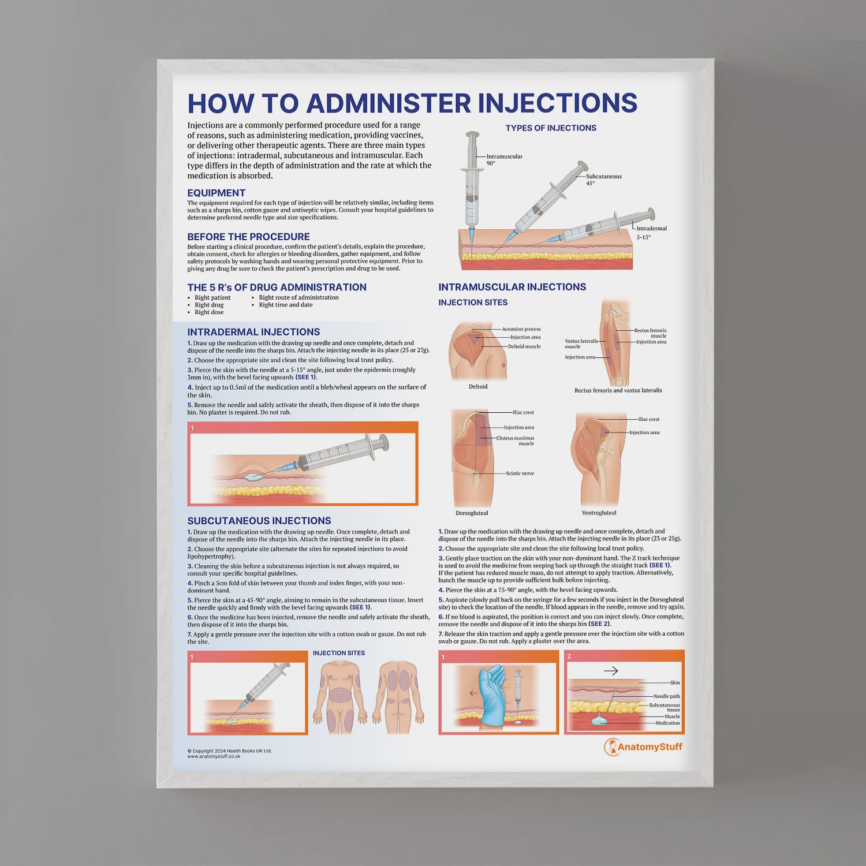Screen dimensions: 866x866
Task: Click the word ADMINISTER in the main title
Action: click(389, 103)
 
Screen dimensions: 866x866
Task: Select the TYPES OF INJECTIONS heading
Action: click(551, 128)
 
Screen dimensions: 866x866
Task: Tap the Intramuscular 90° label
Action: click(504, 159)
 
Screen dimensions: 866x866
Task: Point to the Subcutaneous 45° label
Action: click(603, 180)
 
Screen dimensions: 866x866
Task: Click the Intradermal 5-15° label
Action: click(651, 232)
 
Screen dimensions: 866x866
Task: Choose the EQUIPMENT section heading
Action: click(216, 193)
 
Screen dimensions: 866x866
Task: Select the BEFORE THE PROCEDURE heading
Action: click(248, 237)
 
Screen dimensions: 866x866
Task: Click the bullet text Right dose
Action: click(209, 312)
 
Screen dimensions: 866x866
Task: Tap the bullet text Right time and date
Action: click(285, 305)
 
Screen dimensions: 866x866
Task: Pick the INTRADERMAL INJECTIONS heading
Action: click(253, 332)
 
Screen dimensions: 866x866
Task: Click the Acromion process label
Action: click(521, 329)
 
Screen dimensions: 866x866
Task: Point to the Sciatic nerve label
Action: click(520, 473)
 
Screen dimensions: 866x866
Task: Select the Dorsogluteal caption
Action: click(472, 513)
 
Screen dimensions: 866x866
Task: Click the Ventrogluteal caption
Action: click(599, 513)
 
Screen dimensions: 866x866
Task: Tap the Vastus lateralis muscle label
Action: click(581, 344)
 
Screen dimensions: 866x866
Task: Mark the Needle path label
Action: click(666, 696)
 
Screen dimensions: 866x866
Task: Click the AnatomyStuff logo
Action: click(643, 747)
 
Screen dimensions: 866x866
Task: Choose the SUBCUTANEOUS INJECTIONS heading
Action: click(259, 521)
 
